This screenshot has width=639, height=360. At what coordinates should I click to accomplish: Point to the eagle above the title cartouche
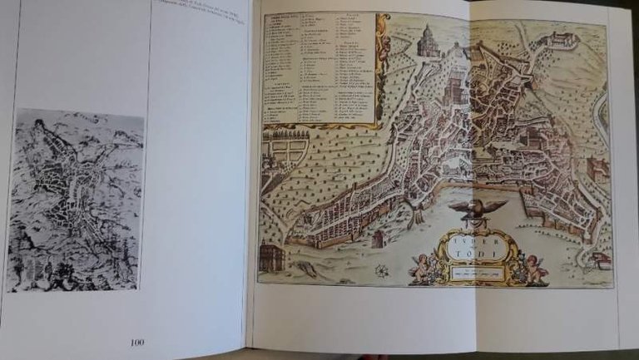478,208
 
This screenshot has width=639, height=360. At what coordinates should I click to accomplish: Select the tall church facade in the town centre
456,88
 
